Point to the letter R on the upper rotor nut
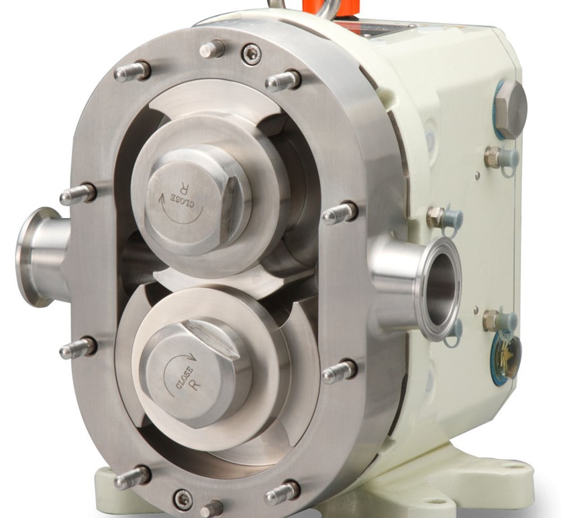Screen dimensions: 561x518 (x=185, y=187)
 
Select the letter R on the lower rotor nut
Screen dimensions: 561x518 (x=196, y=384)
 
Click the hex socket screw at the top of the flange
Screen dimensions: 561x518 (x=252, y=54)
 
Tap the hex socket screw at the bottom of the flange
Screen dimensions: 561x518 (x=182, y=498)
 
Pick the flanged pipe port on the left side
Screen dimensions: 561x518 (x=42, y=257)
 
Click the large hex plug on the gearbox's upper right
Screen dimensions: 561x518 (x=511, y=109)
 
